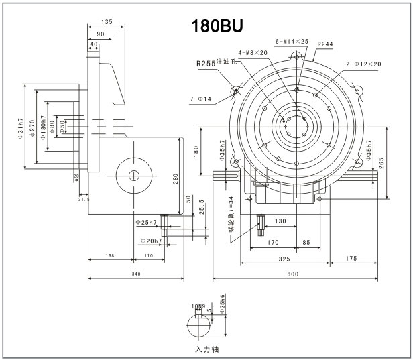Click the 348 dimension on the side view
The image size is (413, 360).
click(x=137, y=274)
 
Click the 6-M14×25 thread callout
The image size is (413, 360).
click(x=292, y=42)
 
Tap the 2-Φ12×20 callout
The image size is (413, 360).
click(x=363, y=64)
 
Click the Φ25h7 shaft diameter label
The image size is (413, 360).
click(x=146, y=222)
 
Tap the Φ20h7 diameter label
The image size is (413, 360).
click(x=150, y=241)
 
